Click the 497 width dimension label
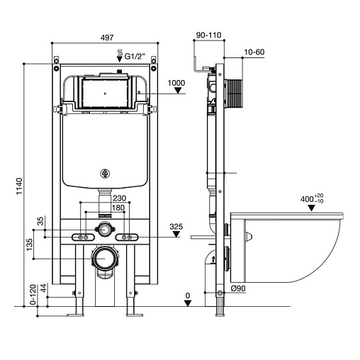107,38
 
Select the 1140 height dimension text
19,186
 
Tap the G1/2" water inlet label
135,57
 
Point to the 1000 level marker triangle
178,91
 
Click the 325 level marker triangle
176,234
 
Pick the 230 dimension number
119,198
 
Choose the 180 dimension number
118,208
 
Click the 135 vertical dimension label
30,244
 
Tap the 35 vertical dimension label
41,221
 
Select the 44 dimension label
44,288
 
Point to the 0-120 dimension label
33,295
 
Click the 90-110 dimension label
209,35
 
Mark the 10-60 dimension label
254,52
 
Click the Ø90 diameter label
238,288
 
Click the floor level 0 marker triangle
188,303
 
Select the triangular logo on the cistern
105,174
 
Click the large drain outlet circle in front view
104,259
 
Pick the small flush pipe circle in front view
104,229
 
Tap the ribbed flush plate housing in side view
234,94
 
